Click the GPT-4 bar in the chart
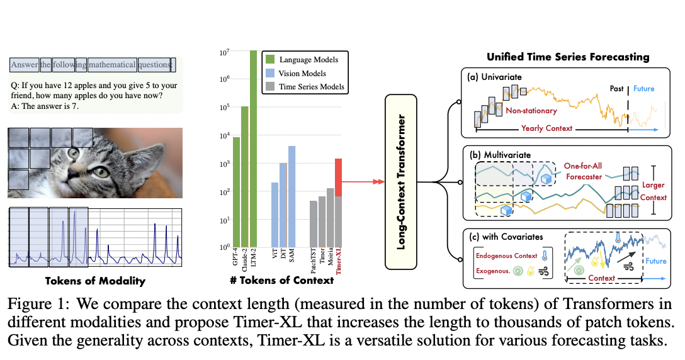click(x=236, y=192)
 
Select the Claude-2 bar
click(x=244, y=176)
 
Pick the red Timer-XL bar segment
click(x=338, y=177)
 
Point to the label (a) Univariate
click(x=494, y=77)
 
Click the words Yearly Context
click(x=546, y=128)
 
